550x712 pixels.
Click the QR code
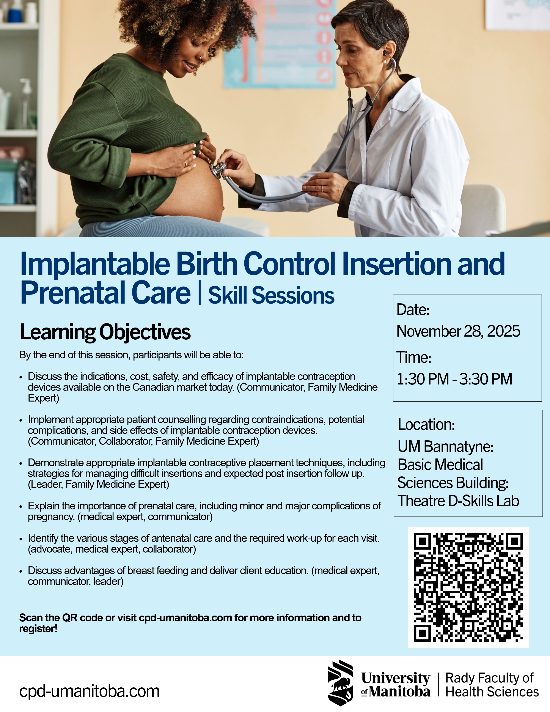(468, 587)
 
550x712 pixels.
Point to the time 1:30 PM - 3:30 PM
(454, 379)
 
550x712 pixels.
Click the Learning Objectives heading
(105, 332)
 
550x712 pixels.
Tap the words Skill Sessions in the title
(271, 295)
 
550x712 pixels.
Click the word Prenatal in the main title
(73, 293)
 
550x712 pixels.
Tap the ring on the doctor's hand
(322, 188)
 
